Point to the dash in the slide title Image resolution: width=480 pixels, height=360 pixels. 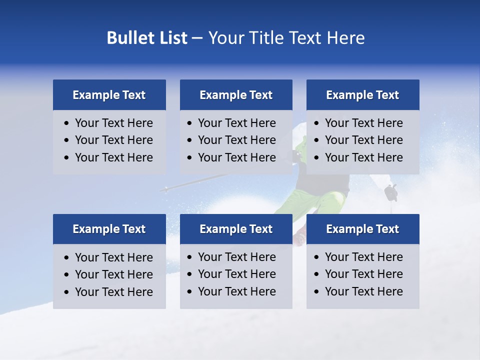[x=197, y=38]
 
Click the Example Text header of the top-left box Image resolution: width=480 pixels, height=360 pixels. [x=109, y=95]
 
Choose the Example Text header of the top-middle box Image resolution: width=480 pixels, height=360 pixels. [x=236, y=95]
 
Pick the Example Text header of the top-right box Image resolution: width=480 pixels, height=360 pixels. [x=362, y=95]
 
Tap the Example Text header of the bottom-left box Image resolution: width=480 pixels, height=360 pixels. [x=109, y=229]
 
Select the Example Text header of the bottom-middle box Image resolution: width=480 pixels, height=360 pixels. [x=236, y=229]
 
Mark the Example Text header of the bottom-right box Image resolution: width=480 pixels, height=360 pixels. [x=362, y=229]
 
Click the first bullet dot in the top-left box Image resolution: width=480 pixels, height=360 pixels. [x=67, y=123]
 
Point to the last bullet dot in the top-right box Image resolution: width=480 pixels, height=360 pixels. [x=317, y=158]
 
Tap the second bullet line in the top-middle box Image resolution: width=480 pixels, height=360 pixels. [x=236, y=140]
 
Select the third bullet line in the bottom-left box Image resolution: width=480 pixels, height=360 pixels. [x=113, y=292]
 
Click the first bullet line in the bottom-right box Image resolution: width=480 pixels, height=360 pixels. [x=363, y=257]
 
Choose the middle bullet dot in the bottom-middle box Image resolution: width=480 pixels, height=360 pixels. [x=190, y=274]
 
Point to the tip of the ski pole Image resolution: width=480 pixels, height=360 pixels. [x=163, y=189]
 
